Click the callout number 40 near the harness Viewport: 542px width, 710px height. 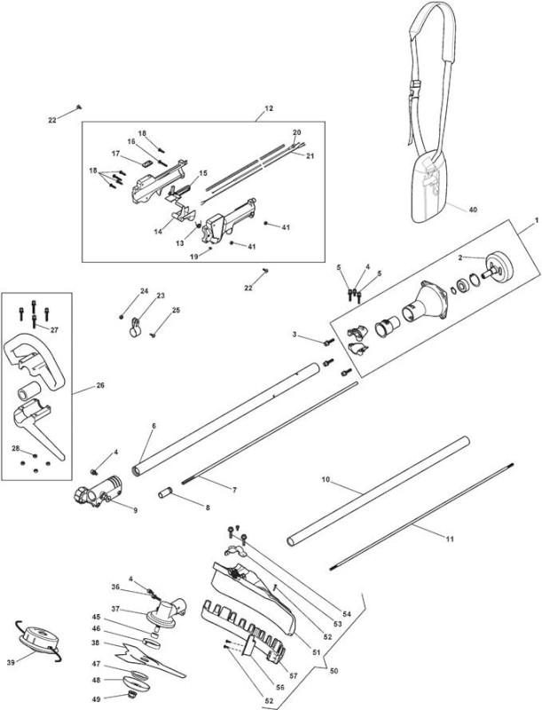click(x=473, y=209)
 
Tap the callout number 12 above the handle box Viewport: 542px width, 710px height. click(x=269, y=108)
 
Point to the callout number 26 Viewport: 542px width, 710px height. click(x=100, y=385)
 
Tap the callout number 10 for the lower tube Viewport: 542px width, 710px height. click(x=326, y=479)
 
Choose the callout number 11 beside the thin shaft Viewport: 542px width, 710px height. click(x=450, y=539)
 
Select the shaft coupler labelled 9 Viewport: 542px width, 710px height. click(x=99, y=493)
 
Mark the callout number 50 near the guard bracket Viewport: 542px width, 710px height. click(x=334, y=671)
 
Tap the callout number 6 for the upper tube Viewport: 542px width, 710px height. click(x=153, y=426)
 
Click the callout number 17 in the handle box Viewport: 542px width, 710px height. click(x=116, y=154)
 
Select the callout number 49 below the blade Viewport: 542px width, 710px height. click(x=96, y=699)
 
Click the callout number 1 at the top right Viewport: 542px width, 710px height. click(x=537, y=219)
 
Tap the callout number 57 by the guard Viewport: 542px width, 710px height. click(x=294, y=676)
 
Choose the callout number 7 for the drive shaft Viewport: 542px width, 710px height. click(x=234, y=490)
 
